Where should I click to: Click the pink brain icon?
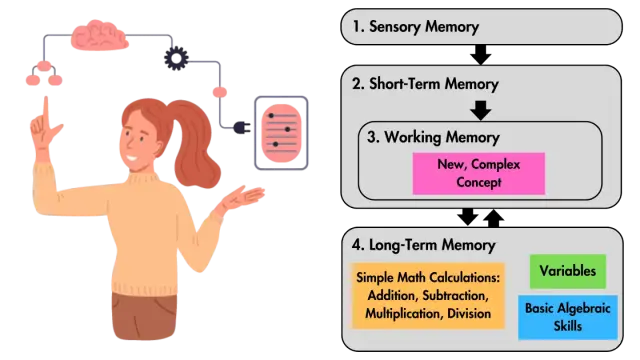(x=99, y=35)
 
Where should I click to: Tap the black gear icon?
(x=176, y=58)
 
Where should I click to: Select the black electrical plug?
(x=242, y=128)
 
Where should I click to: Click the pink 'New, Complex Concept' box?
(x=478, y=173)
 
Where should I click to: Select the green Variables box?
(x=568, y=271)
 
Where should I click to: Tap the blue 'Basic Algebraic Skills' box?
(x=568, y=317)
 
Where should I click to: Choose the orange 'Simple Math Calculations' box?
(x=428, y=296)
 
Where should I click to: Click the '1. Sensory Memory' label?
(x=416, y=27)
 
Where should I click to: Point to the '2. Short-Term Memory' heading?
(x=425, y=84)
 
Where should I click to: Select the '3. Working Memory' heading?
(x=433, y=138)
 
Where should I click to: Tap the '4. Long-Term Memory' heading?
(x=424, y=245)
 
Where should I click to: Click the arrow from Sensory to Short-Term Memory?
(x=481, y=54)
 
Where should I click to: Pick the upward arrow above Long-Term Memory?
(x=493, y=218)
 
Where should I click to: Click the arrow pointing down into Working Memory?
(x=481, y=110)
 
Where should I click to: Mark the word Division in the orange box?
(x=469, y=313)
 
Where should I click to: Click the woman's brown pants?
(x=144, y=315)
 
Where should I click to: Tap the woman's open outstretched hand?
(x=241, y=197)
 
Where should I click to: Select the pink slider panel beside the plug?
(x=281, y=133)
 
